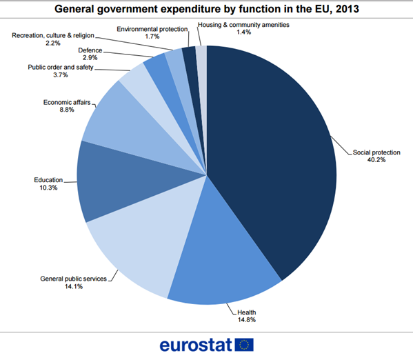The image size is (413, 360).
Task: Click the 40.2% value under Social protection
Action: (x=376, y=160)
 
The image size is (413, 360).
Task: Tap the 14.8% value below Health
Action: (x=247, y=320)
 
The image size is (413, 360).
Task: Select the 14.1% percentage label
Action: (x=74, y=286)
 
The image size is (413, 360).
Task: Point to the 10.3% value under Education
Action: (x=48, y=188)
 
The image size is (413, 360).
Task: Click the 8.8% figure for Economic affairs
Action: (x=67, y=110)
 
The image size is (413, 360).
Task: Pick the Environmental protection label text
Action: (x=152, y=29)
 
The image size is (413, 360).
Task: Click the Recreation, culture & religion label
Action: (x=53, y=35)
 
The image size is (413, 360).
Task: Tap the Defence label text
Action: (x=90, y=50)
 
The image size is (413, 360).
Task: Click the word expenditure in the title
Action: (x=190, y=9)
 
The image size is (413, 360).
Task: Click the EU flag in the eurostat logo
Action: (x=244, y=345)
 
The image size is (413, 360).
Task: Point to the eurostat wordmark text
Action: (x=196, y=345)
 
